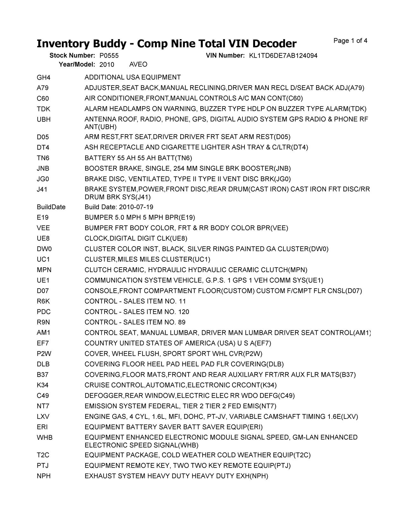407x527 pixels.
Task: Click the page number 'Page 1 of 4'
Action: (x=350, y=41)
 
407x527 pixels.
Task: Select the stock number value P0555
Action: (x=109, y=56)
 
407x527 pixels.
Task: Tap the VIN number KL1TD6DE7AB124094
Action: (x=283, y=56)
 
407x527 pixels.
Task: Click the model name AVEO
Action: (x=138, y=65)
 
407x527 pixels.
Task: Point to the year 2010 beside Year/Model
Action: (x=107, y=65)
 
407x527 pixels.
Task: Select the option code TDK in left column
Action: (x=44, y=109)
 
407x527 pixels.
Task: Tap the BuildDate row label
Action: (x=51, y=207)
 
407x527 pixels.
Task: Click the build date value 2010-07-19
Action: (x=136, y=207)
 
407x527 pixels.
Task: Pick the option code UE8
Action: (x=43, y=239)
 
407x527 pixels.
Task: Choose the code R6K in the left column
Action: (x=44, y=301)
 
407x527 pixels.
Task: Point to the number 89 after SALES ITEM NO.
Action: (x=182, y=322)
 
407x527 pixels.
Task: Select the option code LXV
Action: (x=43, y=417)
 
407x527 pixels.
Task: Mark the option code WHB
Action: (x=45, y=438)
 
